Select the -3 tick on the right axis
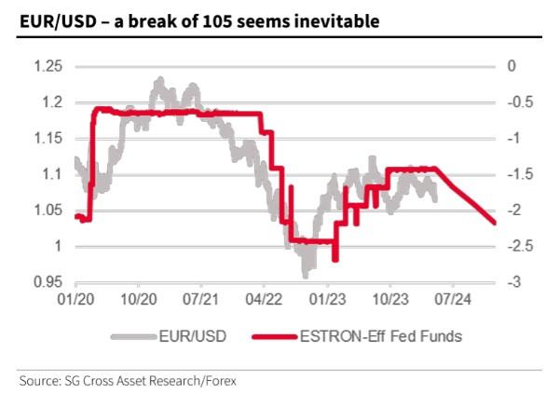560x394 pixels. coord(511,282)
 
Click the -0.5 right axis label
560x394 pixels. coord(516,102)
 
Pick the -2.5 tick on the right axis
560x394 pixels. coord(516,246)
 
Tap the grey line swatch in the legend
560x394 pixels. coord(136,335)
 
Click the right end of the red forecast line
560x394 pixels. coord(493,223)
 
